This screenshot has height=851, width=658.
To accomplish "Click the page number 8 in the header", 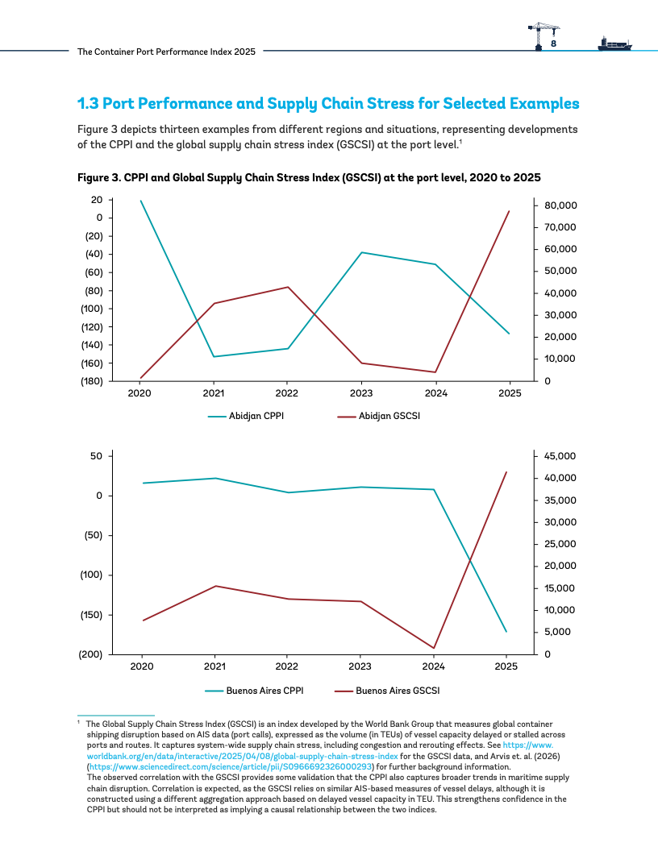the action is (553, 44).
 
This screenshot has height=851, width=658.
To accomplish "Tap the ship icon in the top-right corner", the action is (615, 44).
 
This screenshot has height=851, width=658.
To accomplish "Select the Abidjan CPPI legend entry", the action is (246, 417).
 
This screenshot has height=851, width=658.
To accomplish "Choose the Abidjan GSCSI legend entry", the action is (379, 417).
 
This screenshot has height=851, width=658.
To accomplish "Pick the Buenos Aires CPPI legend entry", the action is (254, 691).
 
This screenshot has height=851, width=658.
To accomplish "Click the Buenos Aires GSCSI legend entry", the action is (387, 691).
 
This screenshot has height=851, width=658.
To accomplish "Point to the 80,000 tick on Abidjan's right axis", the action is (560, 205).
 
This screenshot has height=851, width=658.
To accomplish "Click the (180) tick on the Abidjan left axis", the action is (92, 381).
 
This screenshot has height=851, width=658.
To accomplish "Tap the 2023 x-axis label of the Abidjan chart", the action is (361, 393).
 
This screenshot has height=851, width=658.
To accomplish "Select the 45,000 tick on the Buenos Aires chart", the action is (560, 456).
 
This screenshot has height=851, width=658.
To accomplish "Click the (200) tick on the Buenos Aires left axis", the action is (91, 654).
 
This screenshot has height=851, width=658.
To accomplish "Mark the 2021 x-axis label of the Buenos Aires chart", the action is (214, 666).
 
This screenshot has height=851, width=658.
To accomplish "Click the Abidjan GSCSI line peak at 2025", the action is (510, 210).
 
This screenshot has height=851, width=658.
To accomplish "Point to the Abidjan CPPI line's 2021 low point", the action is (214, 356).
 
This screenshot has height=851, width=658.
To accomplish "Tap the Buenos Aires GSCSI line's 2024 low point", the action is (434, 648).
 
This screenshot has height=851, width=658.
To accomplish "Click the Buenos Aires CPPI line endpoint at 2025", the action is (506, 632).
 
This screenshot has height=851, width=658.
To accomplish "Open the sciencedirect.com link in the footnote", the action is (230, 767).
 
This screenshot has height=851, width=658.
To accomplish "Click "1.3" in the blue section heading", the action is (88, 104).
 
